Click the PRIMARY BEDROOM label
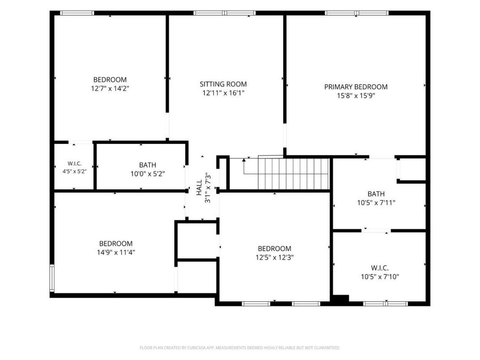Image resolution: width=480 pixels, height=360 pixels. pos(356,87)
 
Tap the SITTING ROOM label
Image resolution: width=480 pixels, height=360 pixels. pos(223,84)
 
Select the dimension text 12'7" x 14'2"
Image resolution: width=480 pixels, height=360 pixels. pos(110,89)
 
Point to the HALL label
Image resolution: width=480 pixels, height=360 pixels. pos(199,187)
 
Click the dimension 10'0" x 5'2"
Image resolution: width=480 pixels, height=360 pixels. pos(148,174)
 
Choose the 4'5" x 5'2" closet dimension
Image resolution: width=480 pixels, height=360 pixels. pos(74,171)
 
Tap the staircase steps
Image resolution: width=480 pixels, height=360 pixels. pos(293,174)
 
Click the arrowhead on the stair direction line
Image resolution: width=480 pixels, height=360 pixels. pos(244,160)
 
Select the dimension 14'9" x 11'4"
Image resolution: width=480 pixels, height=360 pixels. pos(116,253)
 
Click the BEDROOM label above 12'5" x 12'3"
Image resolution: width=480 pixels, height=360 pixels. pos(274,249)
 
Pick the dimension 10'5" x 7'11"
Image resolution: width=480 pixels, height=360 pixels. pos(376,203)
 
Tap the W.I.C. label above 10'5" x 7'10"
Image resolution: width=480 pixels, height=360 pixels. pos(380,268)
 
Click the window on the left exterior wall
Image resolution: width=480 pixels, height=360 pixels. pos(52,278)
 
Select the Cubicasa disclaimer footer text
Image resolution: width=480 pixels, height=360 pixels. pos(239,348)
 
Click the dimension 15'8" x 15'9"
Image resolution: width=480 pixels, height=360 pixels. pos(356,96)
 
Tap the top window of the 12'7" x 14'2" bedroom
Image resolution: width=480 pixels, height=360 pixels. pos(77,13)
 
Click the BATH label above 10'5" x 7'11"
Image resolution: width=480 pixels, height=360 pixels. pos(376,194)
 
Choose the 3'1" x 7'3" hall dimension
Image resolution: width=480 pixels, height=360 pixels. pos(208,188)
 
